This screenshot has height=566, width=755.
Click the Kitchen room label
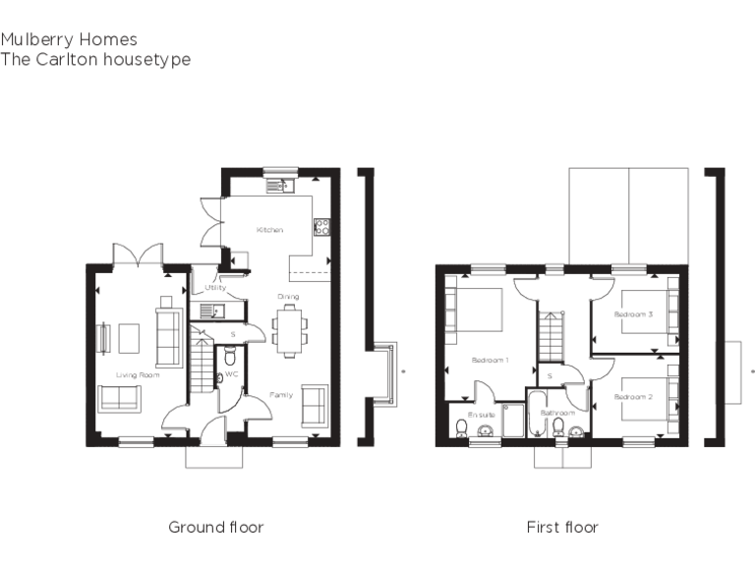pos(269,230)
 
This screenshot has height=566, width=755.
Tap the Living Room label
pos(138,374)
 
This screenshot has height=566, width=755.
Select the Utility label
pos(215,288)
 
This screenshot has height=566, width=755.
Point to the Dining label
pos(287,296)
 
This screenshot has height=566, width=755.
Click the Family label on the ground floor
pos(281,395)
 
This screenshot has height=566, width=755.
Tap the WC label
pos(232,374)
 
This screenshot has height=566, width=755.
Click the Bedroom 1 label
pos(490,360)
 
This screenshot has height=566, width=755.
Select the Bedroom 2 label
pos(633,396)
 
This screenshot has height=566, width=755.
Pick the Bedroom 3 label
pos(633,314)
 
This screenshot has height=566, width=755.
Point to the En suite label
pos(480,416)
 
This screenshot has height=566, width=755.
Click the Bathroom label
pos(556,414)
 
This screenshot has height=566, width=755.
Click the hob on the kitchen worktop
pos(320,227)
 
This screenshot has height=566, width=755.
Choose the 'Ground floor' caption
pos(215,528)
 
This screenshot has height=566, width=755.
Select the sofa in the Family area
pos(315,406)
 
